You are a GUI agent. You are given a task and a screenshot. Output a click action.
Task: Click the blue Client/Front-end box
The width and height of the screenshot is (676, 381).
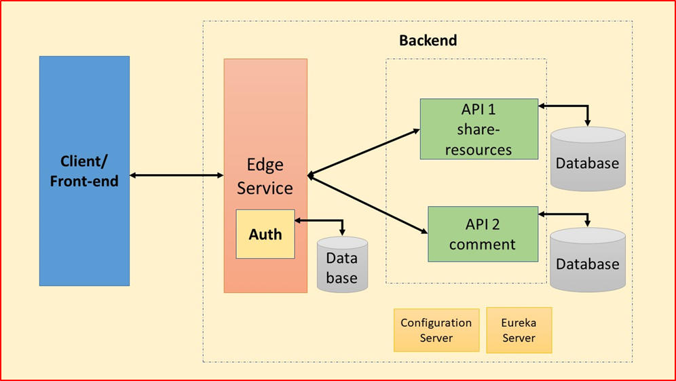(84, 170)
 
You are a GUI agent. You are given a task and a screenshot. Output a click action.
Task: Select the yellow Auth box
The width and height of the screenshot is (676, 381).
(265, 234)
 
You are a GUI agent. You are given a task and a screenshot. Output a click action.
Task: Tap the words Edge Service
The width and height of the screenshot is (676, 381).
(265, 177)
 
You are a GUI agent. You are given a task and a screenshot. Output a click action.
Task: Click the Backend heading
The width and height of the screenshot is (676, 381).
(428, 40)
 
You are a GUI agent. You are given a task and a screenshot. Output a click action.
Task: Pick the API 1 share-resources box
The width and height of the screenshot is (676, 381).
(478, 129)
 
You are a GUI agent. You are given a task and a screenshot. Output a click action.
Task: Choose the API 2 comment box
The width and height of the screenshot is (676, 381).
(483, 234)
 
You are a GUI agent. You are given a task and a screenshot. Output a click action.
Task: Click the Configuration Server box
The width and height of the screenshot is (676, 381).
(436, 330)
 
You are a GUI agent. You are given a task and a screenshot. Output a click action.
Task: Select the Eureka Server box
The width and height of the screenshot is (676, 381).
(519, 330)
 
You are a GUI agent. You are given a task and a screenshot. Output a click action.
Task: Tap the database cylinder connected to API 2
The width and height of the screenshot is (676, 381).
(588, 261)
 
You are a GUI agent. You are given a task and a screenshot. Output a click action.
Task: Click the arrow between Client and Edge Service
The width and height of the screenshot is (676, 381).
(176, 176)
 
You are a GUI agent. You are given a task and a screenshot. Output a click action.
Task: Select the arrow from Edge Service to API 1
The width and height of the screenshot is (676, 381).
(363, 153)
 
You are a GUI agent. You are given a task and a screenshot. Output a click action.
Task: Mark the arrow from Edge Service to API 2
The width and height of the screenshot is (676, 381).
(367, 203)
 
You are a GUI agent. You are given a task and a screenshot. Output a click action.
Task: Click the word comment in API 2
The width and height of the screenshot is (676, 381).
(483, 244)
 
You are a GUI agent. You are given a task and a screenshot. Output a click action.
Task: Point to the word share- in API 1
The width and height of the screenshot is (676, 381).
(478, 129)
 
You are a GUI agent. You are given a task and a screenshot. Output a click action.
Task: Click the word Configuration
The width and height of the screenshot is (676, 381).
(436, 323)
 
